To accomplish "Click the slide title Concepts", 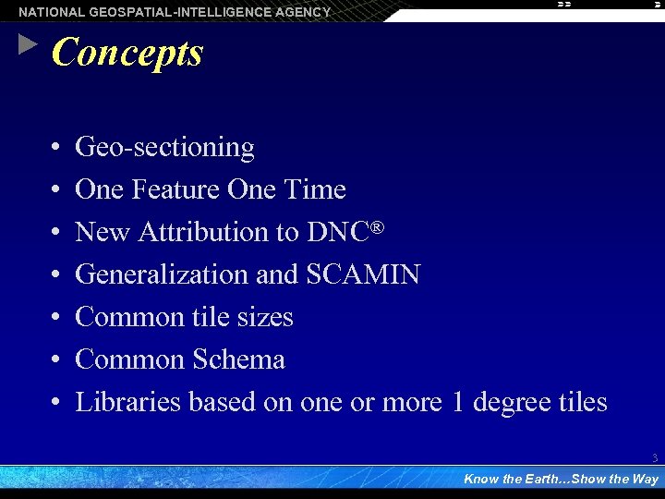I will click(127, 53).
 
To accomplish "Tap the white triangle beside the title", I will click(29, 44).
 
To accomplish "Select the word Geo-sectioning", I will click(164, 147).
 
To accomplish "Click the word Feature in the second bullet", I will click(176, 189).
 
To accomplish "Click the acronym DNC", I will click(338, 232).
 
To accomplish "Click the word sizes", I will click(263, 317).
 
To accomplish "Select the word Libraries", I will click(127, 402).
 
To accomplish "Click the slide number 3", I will click(654, 457).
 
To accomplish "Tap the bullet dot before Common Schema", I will click(56, 359).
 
